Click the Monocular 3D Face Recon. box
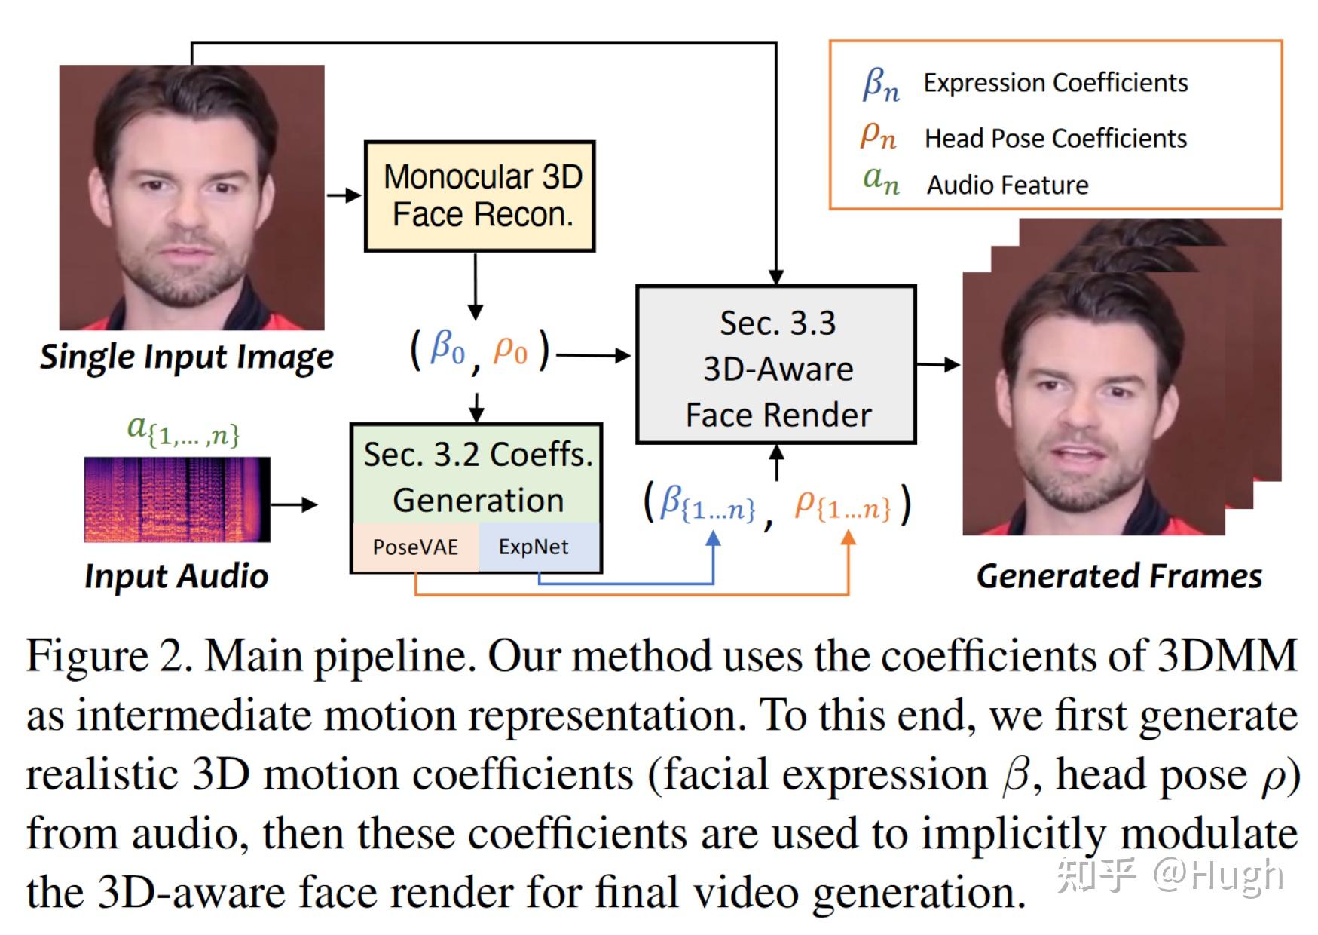[x=479, y=196]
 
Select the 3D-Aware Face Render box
[x=776, y=365]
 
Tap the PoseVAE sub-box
[x=415, y=547]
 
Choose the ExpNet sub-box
[x=534, y=547]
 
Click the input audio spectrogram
[x=176, y=499]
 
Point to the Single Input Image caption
[x=186, y=357]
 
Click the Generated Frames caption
[x=1119, y=576]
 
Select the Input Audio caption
[x=176, y=576]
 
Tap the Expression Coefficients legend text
[x=1055, y=83]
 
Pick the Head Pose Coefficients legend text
[x=1055, y=139]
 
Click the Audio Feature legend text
[x=1008, y=185]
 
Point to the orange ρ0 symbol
[x=510, y=350]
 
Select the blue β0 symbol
[x=447, y=348]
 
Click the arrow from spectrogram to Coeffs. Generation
[x=294, y=504]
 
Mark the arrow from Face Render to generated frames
[x=938, y=365]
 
